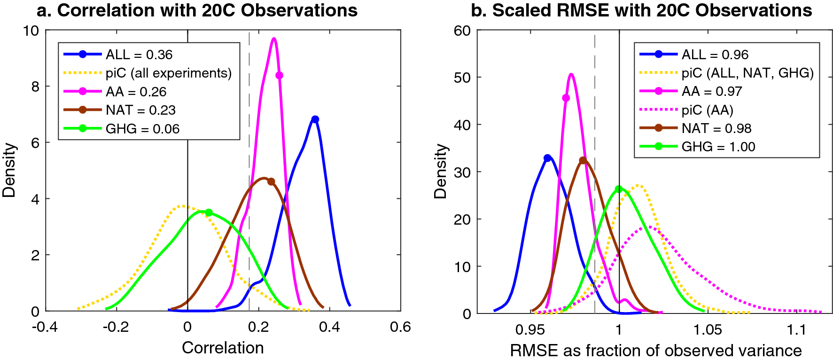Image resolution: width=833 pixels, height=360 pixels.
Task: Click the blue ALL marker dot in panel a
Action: [315, 119]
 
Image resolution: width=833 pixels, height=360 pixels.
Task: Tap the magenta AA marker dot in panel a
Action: [280, 75]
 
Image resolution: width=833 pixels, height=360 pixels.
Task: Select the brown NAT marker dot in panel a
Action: [271, 182]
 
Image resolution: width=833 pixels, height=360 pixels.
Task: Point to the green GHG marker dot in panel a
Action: [209, 212]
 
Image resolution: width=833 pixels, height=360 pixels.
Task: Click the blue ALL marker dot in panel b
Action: [547, 158]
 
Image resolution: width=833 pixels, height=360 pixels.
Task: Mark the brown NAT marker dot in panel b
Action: [583, 160]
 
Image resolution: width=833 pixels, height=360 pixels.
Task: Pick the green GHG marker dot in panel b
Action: [619, 189]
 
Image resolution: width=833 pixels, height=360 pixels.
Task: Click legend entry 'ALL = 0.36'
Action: [139, 55]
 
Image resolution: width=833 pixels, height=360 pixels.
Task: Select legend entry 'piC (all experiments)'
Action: [169, 73]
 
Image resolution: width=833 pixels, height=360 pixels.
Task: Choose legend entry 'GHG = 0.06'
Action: [142, 129]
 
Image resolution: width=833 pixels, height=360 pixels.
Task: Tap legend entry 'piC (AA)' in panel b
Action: [707, 110]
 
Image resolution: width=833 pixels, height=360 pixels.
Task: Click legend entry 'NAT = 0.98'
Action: [716, 128]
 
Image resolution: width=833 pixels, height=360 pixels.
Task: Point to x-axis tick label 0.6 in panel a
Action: [400, 327]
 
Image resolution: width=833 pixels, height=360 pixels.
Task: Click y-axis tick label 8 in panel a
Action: [35, 86]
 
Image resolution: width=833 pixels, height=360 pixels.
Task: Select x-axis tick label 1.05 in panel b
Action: [708, 330]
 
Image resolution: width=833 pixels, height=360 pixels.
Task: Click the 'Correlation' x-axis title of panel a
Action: [223, 348]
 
